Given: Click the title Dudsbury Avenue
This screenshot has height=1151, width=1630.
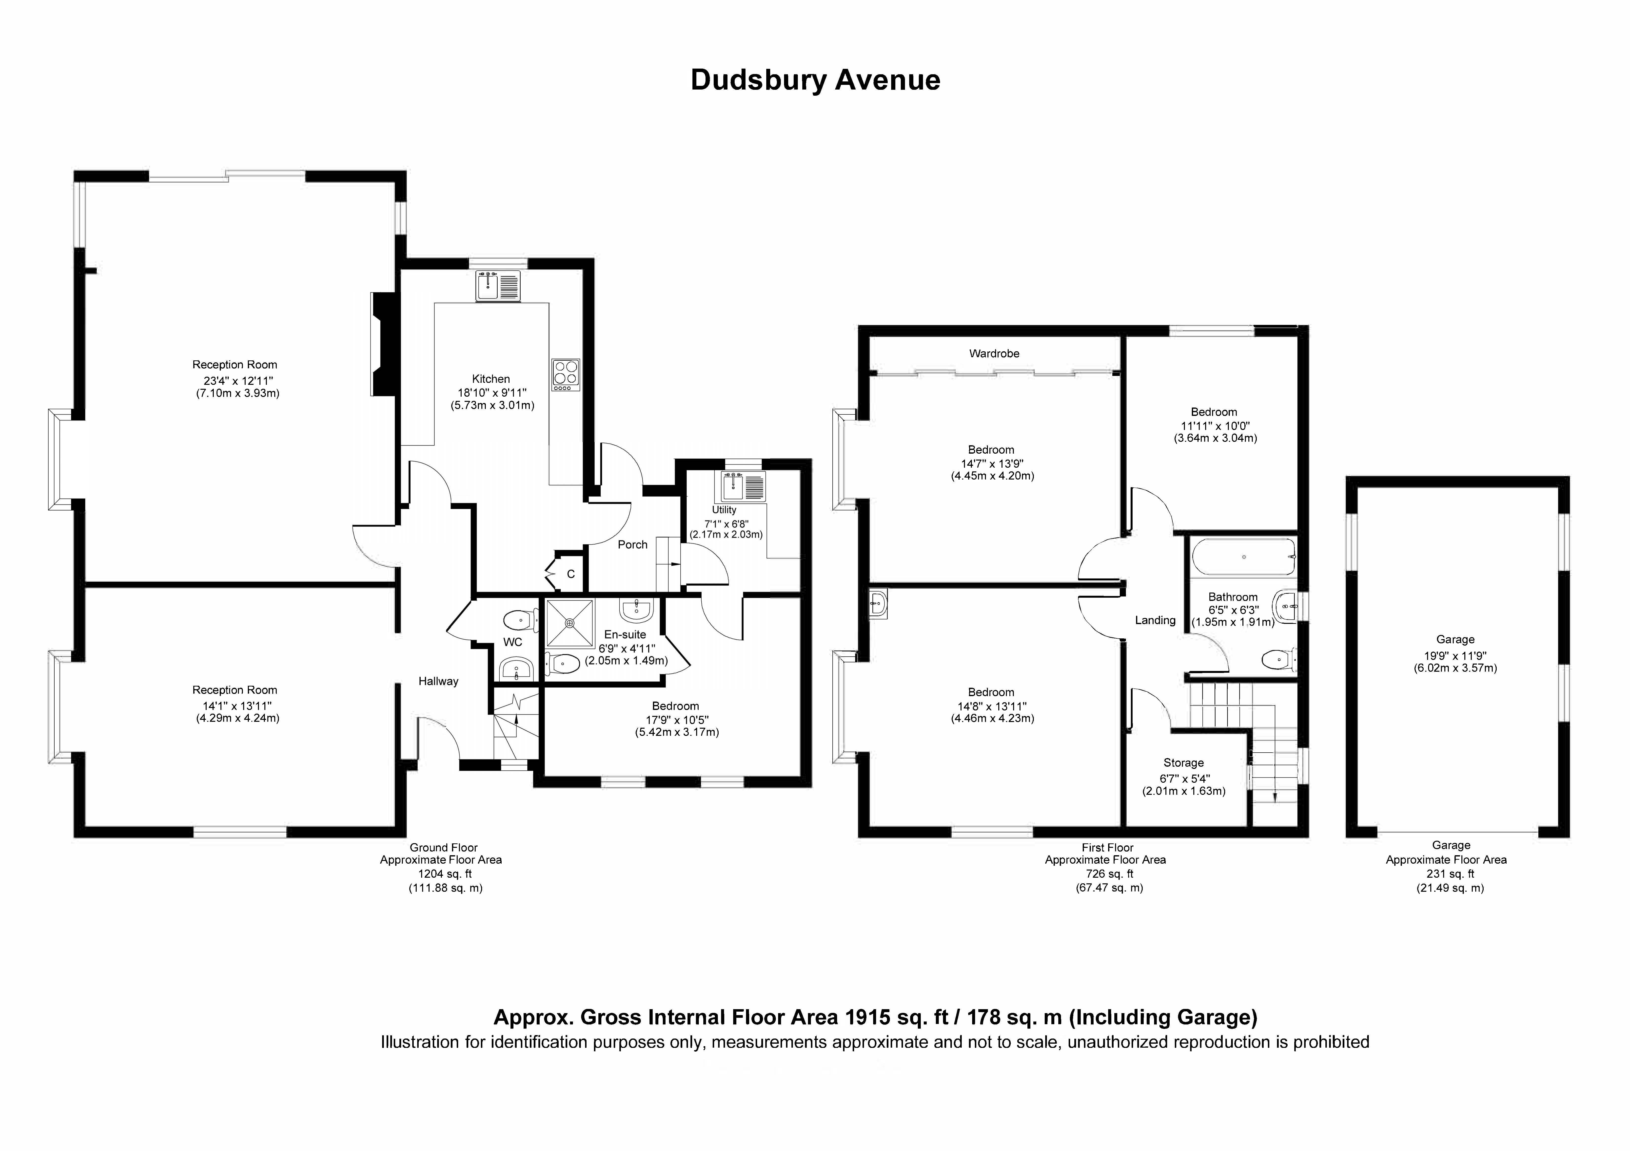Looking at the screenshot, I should click(815, 80).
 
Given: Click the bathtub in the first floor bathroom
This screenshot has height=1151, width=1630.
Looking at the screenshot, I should click(1244, 557).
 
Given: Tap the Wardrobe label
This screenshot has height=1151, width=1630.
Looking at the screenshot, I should click(994, 353).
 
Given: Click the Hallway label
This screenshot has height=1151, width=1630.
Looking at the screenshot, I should click(438, 681).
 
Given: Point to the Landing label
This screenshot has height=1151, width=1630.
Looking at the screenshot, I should click(1155, 620).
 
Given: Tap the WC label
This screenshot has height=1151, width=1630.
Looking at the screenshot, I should click(512, 642).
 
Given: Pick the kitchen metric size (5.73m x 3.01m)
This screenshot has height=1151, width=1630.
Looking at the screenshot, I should click(492, 406).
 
